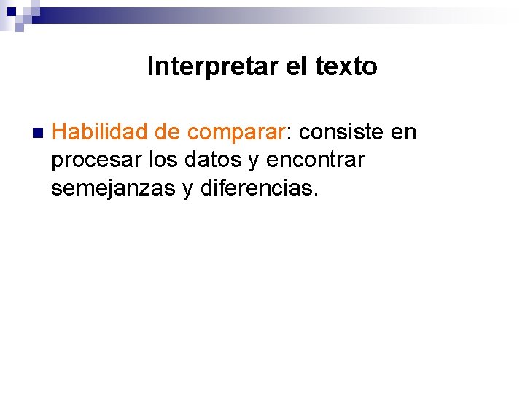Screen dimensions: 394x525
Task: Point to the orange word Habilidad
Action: click(100, 132)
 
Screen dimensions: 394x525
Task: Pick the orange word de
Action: click(168, 132)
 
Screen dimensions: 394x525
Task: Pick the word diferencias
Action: click(255, 188)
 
